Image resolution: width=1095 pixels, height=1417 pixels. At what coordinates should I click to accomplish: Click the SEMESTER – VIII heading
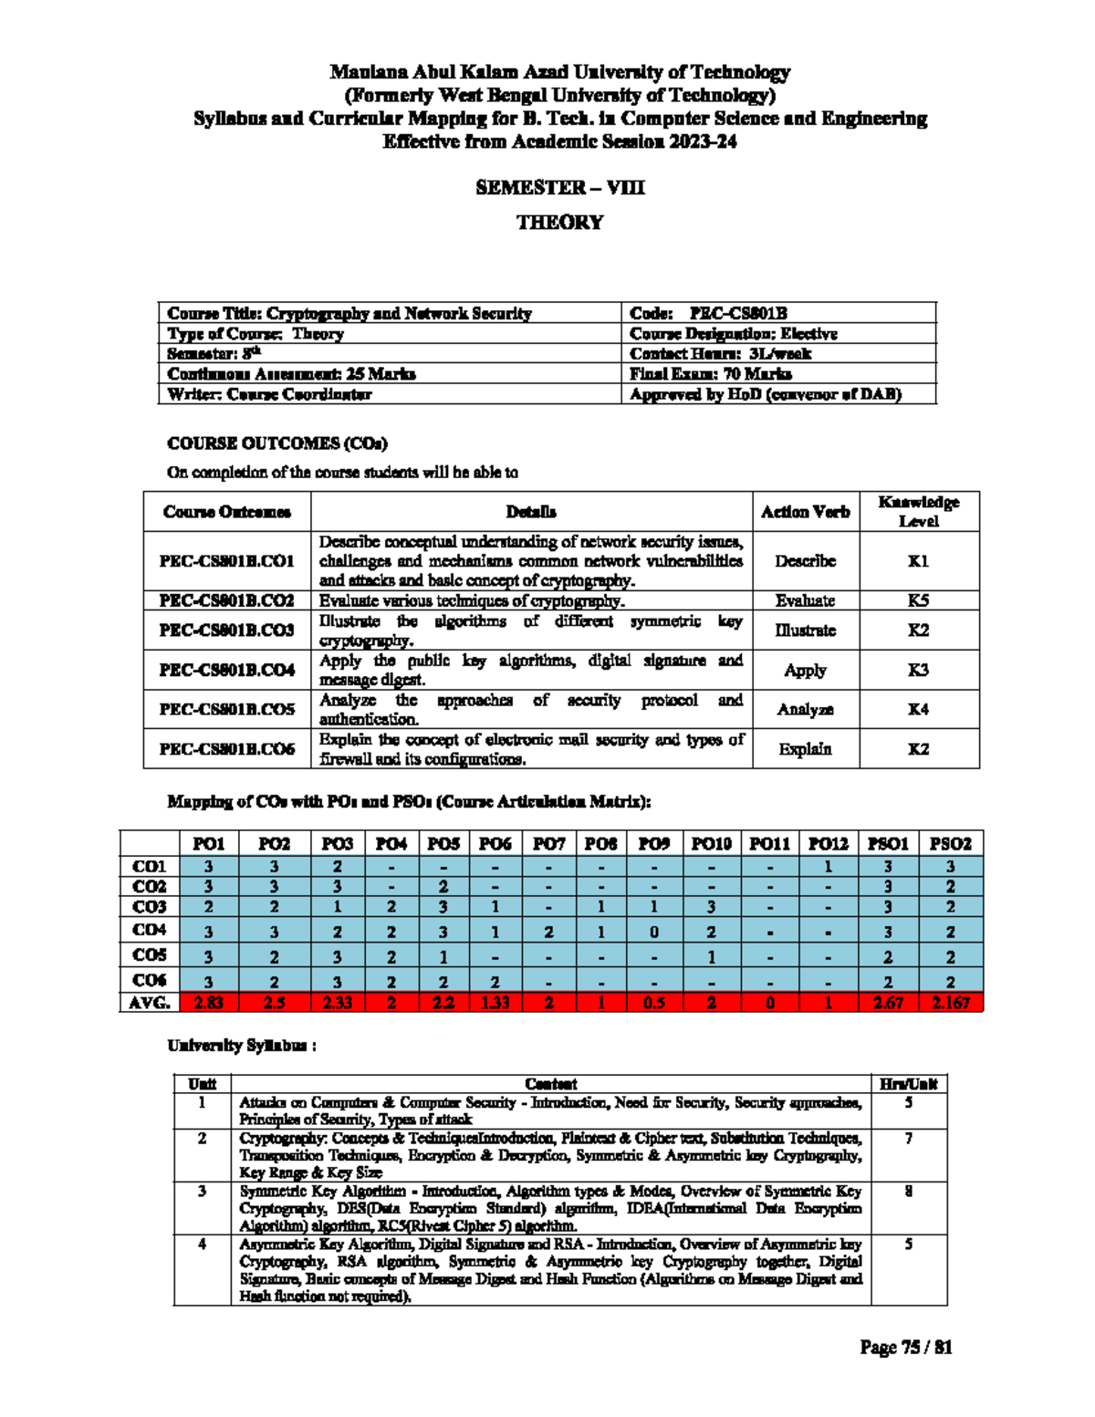click(x=559, y=188)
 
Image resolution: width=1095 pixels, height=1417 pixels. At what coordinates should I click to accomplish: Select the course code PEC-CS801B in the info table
click(x=738, y=313)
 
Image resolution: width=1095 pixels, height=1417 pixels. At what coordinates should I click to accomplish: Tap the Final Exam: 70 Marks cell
click(x=710, y=373)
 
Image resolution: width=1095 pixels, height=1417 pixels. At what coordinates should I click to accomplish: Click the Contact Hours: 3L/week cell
click(x=719, y=353)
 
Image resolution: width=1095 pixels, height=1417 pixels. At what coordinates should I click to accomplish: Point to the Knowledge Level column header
click(x=918, y=512)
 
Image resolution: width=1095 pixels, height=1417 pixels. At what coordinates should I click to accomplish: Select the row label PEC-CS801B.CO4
click(x=226, y=670)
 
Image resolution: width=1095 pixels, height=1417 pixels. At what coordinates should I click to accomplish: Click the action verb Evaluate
click(x=805, y=600)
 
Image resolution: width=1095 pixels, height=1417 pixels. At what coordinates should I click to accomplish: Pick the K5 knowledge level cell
click(x=918, y=600)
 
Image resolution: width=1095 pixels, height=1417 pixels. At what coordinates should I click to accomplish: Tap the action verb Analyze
click(x=805, y=709)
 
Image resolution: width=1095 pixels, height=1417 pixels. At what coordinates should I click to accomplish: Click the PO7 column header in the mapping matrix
click(x=548, y=844)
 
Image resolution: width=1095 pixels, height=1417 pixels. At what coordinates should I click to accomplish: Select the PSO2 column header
click(x=950, y=844)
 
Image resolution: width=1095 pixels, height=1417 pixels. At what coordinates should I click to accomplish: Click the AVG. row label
click(x=150, y=1003)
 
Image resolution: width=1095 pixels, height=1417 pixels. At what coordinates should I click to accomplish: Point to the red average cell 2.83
click(x=208, y=1003)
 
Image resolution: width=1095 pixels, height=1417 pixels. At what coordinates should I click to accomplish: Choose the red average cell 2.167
click(x=950, y=1003)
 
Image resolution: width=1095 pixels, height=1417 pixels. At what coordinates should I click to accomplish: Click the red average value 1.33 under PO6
click(x=495, y=1003)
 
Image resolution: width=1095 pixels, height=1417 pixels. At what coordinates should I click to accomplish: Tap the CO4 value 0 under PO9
click(x=653, y=932)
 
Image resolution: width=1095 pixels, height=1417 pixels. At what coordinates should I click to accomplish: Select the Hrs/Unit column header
click(x=908, y=1084)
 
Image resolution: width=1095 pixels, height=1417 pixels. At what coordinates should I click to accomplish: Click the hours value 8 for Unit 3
click(x=908, y=1192)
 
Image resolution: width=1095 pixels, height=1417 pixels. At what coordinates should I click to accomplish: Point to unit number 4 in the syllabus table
click(x=202, y=1245)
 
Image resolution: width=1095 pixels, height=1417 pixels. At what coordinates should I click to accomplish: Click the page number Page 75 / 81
click(x=905, y=1348)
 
